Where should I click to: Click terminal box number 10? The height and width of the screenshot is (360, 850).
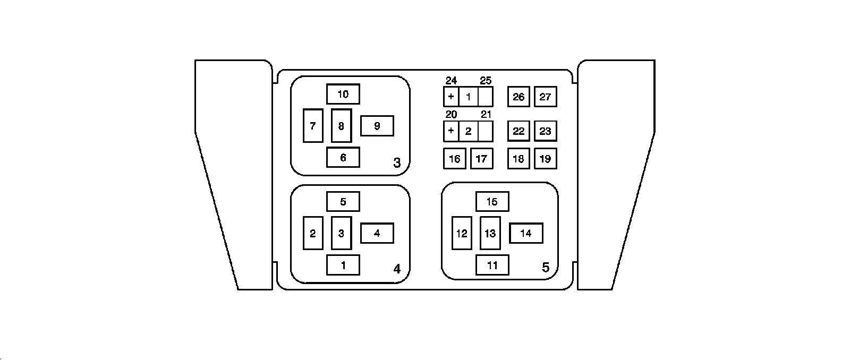[343, 94]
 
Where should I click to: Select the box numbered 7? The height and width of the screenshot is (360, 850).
[313, 126]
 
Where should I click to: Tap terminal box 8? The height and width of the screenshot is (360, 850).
[341, 126]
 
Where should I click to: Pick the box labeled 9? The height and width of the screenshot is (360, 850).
[377, 126]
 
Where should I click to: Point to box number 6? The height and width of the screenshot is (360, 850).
[343, 157]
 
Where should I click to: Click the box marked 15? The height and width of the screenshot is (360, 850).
[492, 202]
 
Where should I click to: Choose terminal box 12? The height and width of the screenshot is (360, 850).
[462, 233]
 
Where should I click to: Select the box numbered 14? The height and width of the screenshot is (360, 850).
[526, 233]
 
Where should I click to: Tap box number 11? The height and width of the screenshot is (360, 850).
[492, 265]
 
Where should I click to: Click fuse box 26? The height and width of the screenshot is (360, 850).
[518, 97]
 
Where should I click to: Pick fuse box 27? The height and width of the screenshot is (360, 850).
[546, 97]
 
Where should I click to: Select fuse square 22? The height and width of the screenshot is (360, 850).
[518, 131]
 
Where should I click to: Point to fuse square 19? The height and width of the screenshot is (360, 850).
[546, 158]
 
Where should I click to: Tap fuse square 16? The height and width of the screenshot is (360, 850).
[454, 158]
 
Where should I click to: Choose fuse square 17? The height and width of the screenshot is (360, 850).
[481, 158]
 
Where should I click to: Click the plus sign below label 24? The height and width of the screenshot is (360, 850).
[451, 97]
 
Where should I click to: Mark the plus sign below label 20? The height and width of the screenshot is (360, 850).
[451, 131]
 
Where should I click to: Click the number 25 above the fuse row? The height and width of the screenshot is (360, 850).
[486, 81]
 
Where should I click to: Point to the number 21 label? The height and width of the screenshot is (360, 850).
[486, 115]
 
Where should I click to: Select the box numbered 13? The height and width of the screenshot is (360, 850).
[490, 233]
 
